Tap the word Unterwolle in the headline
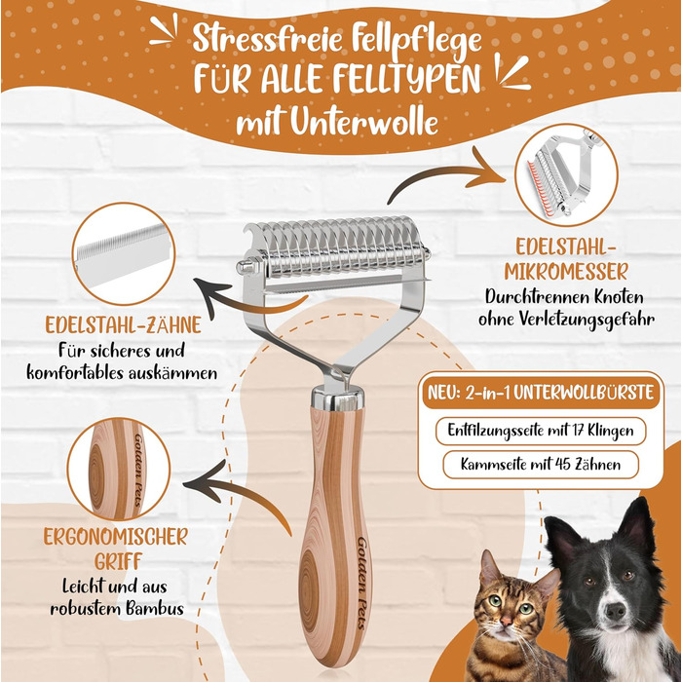363,122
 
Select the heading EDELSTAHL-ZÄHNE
123,324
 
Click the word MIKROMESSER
566,272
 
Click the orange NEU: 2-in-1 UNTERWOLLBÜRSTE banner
541,393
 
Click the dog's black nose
615,612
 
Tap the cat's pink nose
506,620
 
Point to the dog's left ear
560,537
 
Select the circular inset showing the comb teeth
124,253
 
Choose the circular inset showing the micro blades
566,175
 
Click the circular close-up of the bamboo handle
118,469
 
